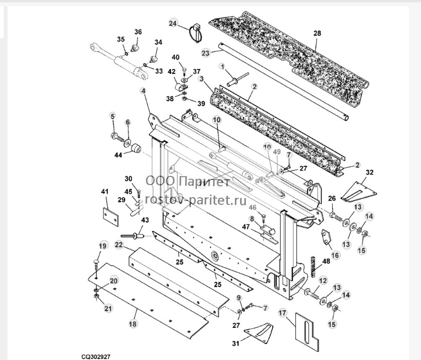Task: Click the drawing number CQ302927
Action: click(96, 357)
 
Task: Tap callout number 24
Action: click(173, 23)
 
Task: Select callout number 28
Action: click(317, 33)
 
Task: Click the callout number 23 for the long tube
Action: click(206, 53)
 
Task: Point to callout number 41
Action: click(105, 192)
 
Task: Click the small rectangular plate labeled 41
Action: click(111, 216)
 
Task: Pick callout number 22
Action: click(119, 245)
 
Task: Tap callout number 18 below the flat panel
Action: click(133, 324)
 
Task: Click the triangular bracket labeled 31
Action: click(259, 333)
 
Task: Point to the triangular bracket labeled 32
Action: click(359, 192)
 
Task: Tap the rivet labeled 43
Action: click(132, 236)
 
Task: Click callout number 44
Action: click(118, 155)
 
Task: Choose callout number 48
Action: click(326, 261)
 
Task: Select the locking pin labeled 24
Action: click(196, 32)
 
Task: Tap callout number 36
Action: click(138, 32)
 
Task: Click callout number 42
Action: click(172, 72)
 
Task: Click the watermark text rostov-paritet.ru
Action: click(196, 200)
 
